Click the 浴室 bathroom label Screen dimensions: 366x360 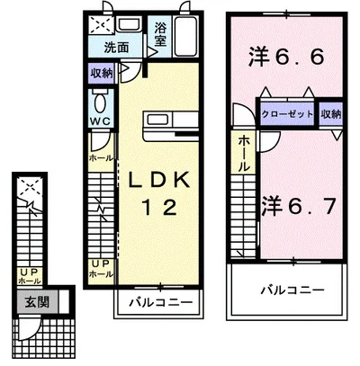pos(161,34)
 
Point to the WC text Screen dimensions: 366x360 pos(100,119)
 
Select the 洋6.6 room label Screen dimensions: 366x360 pos(283,57)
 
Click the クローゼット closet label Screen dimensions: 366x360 pos(288,115)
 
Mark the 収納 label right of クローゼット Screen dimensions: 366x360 pos(330,115)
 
